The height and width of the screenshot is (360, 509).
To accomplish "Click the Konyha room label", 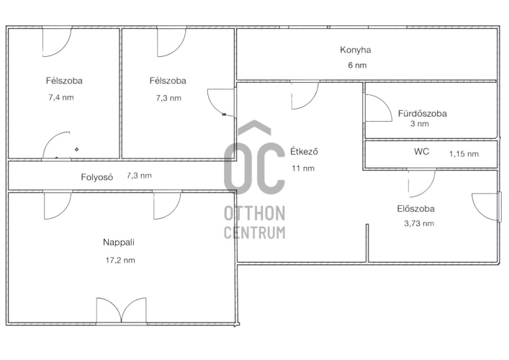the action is [356, 50].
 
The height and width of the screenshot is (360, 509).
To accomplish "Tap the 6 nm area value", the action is [357, 66].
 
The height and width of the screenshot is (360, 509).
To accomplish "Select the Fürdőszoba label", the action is [423, 114].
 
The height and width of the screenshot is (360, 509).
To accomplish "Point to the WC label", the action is [421, 152].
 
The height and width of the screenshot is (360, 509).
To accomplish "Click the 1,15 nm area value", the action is [464, 154].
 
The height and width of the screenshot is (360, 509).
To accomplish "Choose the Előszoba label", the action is [416, 209].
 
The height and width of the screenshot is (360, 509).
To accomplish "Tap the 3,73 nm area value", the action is [419, 223].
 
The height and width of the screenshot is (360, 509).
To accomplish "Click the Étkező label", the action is [304, 152].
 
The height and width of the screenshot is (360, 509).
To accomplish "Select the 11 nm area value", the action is [303, 168].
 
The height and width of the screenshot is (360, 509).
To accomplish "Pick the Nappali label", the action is [119, 243].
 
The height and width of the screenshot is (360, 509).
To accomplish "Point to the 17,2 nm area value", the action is [120, 260].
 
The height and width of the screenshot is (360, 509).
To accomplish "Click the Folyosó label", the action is [96, 177].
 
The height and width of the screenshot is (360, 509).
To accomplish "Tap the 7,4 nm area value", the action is [61, 97].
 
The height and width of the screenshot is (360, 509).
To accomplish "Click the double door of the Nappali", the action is [121, 311].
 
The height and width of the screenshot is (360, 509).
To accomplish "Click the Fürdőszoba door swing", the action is [379, 108].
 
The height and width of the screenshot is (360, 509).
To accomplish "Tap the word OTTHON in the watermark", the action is [255, 213].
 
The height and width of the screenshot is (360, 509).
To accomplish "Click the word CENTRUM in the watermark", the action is [255, 233].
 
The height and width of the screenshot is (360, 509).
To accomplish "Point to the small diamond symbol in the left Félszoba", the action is [76, 149].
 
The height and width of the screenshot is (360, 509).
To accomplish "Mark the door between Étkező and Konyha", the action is [305, 95].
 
